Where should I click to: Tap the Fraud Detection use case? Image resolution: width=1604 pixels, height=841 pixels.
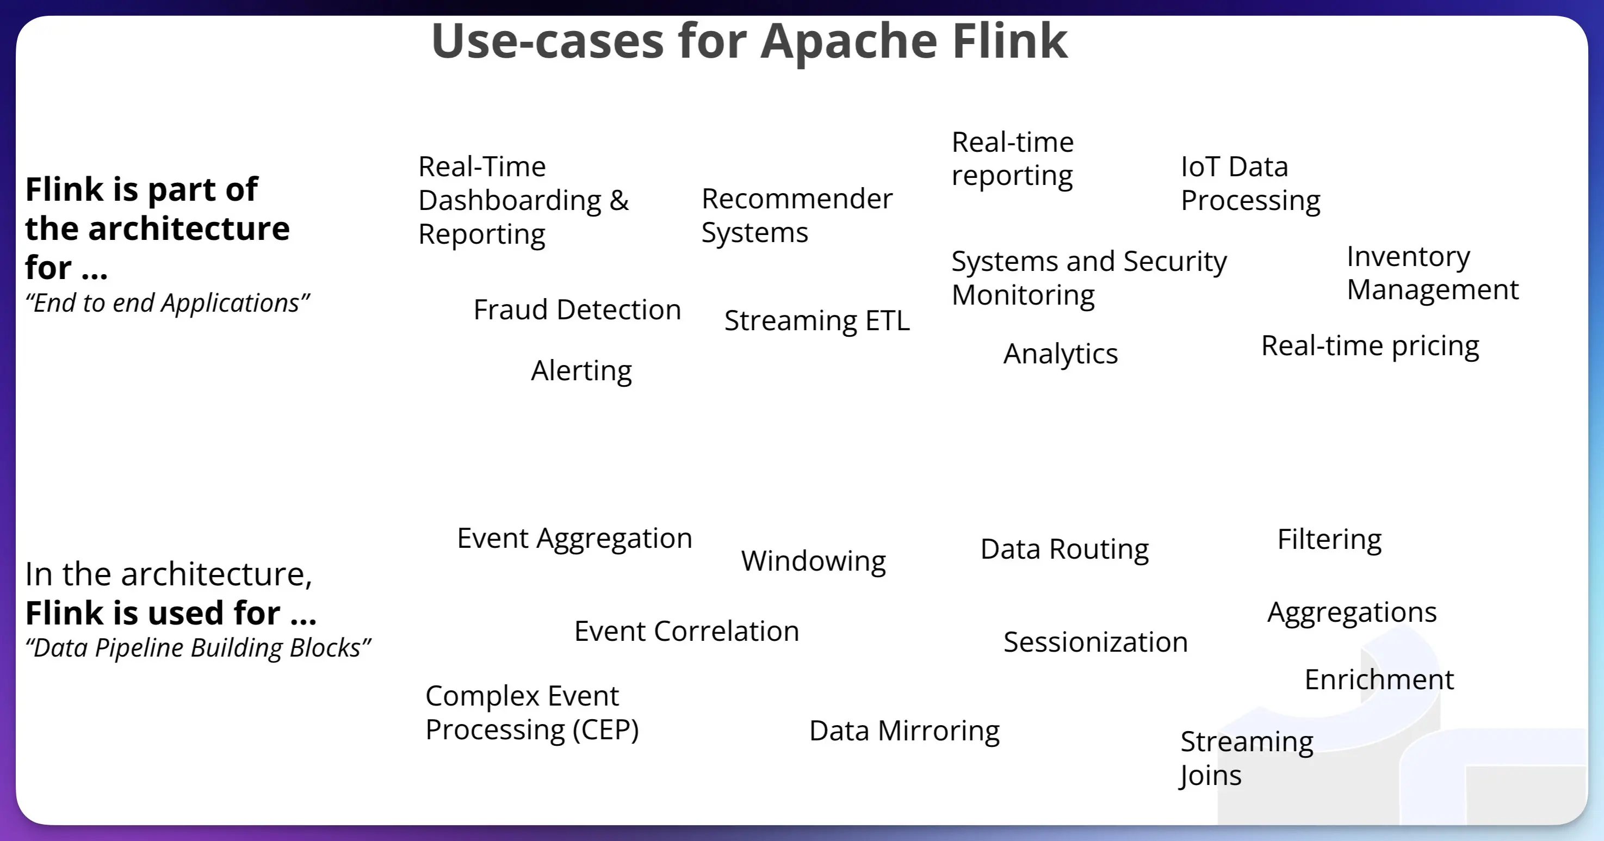click(x=577, y=310)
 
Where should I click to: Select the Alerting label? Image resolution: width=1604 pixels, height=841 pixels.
click(x=581, y=370)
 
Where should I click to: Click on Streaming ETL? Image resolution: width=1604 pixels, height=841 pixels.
click(x=816, y=321)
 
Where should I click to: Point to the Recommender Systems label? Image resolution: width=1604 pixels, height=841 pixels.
click(x=796, y=215)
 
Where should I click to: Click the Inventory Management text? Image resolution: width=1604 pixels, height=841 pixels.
click(x=1432, y=273)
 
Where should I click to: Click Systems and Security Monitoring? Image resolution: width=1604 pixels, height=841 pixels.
click(x=1088, y=278)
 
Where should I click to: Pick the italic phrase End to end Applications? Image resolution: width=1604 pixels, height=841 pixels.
click(x=167, y=304)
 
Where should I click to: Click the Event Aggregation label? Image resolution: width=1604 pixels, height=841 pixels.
click(x=574, y=538)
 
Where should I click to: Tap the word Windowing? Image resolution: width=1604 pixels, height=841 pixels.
click(x=813, y=561)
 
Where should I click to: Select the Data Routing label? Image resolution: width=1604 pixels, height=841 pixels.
click(x=1063, y=549)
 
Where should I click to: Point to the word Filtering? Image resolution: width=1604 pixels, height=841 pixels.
click(x=1329, y=540)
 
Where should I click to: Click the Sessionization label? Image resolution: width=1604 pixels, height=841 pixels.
click(x=1095, y=642)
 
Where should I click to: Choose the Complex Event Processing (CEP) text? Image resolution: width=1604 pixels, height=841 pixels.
click(x=531, y=713)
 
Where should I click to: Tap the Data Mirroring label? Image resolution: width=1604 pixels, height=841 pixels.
click(x=903, y=731)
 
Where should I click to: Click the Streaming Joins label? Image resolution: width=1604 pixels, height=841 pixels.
click(x=1246, y=758)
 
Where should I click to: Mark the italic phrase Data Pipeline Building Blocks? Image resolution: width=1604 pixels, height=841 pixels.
click(x=197, y=648)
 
